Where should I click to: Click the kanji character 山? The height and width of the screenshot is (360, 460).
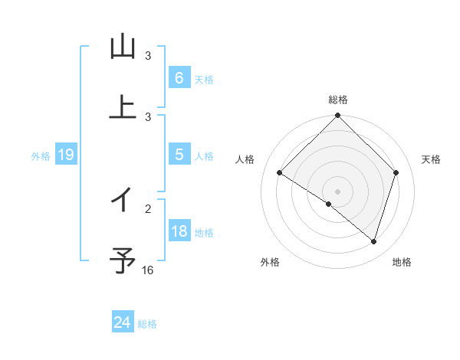coord(123,47)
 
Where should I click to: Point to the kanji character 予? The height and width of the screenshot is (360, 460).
coord(123,261)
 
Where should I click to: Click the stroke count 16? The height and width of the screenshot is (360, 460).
coord(148,270)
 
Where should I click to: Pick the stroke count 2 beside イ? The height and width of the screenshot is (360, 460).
coord(148,208)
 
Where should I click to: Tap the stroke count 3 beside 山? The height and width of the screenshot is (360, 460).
coord(148,55)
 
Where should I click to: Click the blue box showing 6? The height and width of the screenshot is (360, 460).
coord(179,78)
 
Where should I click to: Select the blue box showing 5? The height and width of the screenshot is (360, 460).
coord(179,155)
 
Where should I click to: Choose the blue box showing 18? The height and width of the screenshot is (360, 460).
coord(179,231)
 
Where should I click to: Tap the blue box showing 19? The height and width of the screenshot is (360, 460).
coord(65,155)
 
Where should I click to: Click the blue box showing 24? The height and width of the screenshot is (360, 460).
coord(122,322)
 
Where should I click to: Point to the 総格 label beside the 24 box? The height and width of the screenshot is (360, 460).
coord(147,324)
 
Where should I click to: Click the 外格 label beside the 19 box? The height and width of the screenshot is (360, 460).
coord(41,156)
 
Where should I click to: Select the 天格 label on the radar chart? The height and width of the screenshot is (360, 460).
coord(431,159)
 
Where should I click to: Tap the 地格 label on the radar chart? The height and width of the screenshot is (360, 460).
coord(402,262)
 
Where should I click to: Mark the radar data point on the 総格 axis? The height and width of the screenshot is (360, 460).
coord(337,116)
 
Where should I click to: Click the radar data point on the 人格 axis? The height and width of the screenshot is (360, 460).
coord(280,173)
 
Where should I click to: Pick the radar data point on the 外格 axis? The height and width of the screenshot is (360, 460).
coord(329,204)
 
